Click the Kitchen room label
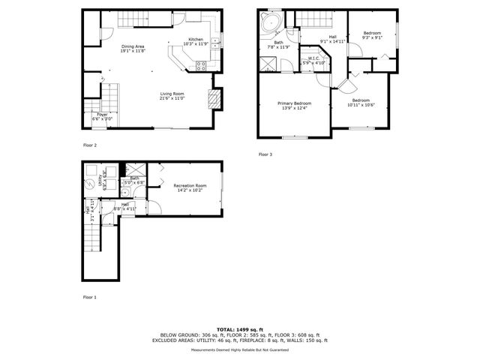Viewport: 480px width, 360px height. tap(195, 40)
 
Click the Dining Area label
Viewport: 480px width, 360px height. tap(133, 47)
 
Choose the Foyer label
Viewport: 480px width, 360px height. tap(101, 115)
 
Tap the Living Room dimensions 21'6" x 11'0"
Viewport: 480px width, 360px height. tap(172, 98)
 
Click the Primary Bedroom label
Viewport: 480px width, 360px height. tap(294, 103)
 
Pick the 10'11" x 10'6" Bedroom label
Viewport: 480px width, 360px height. tap(361, 100)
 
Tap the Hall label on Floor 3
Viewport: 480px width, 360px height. tap(332, 37)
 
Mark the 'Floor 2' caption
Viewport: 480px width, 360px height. tap(90, 145)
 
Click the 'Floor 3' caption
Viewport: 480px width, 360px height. tap(265, 154)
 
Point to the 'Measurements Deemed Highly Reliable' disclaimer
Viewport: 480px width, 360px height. tap(239, 349)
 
